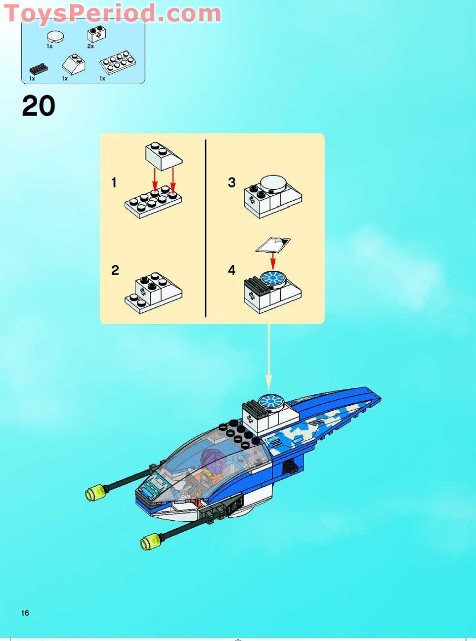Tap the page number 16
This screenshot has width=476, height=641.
[25, 613]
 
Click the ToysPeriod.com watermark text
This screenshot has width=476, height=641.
[112, 13]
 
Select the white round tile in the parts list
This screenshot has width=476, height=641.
[55, 37]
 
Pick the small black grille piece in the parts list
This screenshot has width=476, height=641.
[38, 69]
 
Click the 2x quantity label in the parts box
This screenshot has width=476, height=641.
[90, 47]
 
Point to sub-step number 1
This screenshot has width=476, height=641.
[114, 183]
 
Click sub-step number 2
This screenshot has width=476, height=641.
[115, 270]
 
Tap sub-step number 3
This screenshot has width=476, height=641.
[232, 183]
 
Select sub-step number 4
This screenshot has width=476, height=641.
[232, 270]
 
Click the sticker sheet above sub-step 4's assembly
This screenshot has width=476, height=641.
[273, 244]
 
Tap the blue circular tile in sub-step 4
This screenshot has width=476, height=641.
[272, 278]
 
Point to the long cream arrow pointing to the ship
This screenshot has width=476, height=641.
[269, 356]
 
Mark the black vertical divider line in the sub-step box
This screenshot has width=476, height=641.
[206, 228]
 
